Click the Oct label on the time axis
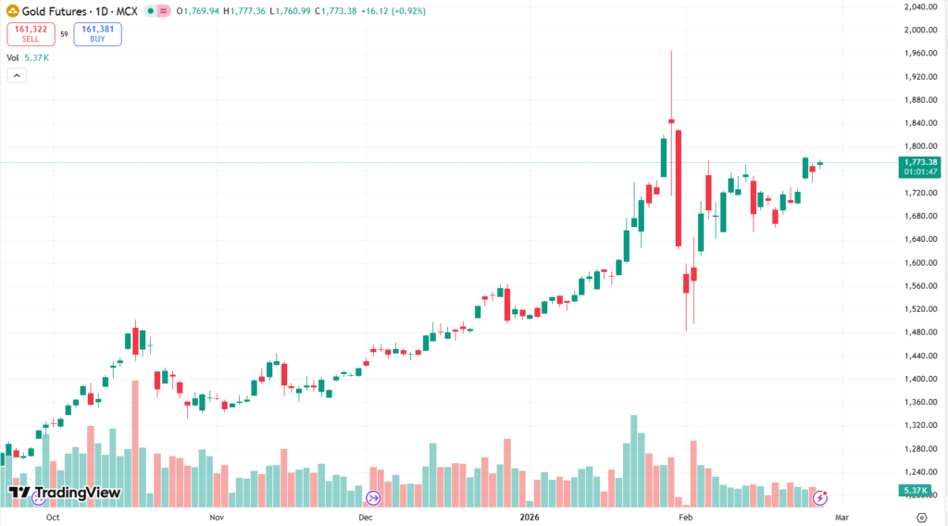point(53,518)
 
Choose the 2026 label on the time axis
point(530,518)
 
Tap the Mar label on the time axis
point(841,518)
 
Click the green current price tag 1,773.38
point(918,162)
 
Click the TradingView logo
point(64,493)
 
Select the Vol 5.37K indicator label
point(28,57)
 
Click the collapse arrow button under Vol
point(17,75)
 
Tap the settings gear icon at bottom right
point(920,518)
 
